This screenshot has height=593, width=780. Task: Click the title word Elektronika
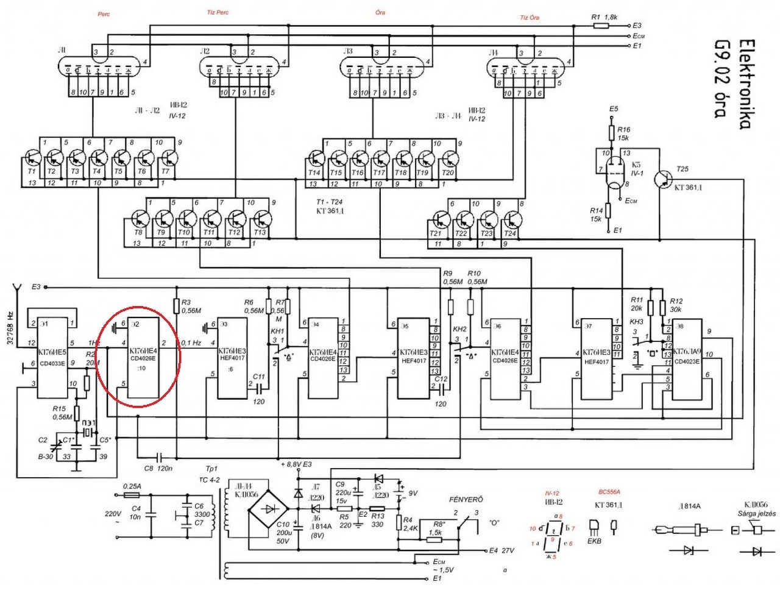pos(745,85)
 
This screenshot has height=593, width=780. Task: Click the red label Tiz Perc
pos(218,12)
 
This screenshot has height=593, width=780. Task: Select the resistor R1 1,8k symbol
pos(601,26)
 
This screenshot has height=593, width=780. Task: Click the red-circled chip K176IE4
pos(143,357)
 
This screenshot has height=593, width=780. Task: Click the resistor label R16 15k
pos(623,133)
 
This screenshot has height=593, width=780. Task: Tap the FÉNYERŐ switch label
pos(466,499)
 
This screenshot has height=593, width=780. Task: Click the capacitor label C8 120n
pos(157,468)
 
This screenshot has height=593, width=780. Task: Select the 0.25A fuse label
pos(132,486)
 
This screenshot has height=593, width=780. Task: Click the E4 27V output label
pos(502,550)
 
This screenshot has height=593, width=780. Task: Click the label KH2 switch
pos(459,329)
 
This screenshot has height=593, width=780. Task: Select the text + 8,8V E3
pos(296,464)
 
